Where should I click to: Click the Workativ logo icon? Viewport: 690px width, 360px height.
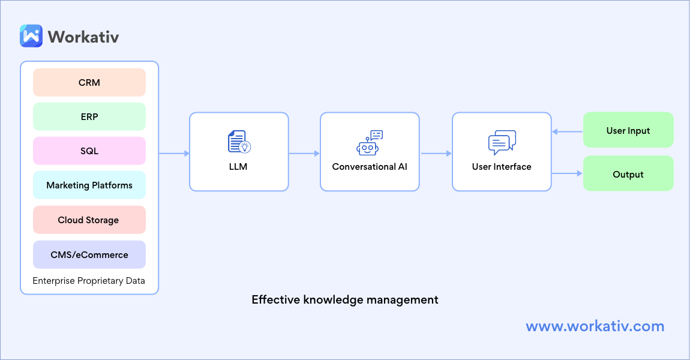coord(31,36)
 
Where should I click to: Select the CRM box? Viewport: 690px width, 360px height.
coord(89,83)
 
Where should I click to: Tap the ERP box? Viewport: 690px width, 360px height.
coord(89,117)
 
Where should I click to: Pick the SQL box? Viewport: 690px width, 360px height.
coord(89,151)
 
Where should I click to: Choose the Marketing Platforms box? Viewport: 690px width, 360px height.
coord(89,185)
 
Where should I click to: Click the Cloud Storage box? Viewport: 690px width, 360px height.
coord(89,220)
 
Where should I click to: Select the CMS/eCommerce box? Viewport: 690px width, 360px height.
coord(89,255)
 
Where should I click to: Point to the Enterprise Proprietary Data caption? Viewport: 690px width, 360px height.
coord(89,281)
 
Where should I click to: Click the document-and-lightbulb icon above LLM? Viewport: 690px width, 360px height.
coord(239,142)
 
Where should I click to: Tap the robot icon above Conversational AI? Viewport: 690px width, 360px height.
coord(369,143)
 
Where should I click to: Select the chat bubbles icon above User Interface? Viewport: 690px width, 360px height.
coord(502,143)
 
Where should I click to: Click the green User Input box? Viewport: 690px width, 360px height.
coord(628,130)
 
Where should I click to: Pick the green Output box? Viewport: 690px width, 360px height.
coord(628,175)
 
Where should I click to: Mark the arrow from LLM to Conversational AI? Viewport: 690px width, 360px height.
coord(304,154)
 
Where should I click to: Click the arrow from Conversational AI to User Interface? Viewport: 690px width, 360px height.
coord(436,154)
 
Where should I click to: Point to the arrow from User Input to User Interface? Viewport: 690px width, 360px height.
coord(567,131)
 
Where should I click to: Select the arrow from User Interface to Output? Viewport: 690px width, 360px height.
coord(567,174)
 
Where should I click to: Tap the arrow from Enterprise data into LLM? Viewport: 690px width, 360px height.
coord(174,154)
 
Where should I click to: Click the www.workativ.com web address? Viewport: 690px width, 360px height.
coord(595,326)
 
